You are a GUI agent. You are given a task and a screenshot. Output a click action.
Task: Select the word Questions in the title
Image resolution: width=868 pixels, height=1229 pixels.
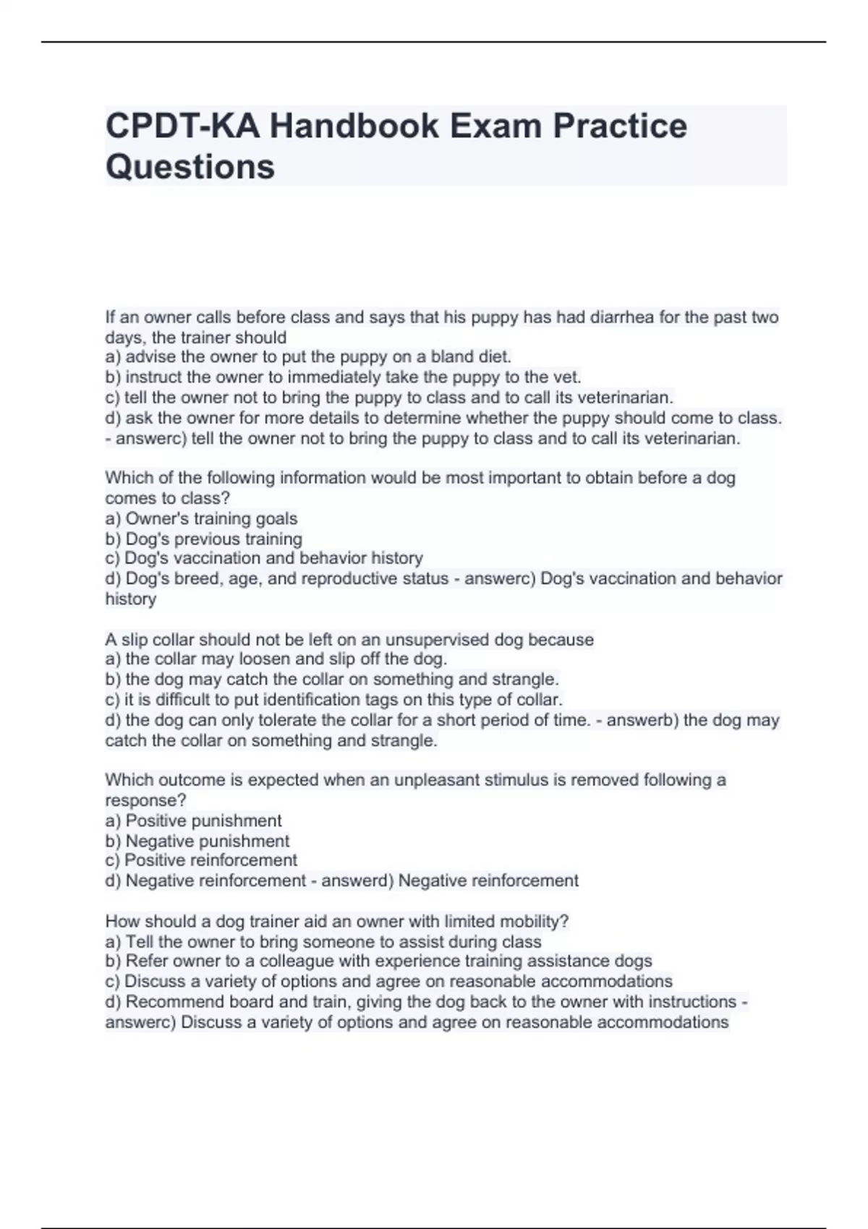click(x=190, y=167)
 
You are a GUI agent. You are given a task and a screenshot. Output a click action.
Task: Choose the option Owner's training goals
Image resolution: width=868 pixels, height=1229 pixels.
click(x=210, y=518)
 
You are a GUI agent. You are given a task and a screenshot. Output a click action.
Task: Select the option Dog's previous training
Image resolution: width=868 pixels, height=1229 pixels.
click(x=213, y=539)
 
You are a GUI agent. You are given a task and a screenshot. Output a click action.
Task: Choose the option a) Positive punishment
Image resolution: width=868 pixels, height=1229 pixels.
click(x=193, y=821)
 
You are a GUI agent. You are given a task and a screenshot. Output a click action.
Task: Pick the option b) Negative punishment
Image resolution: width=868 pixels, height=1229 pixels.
click(x=197, y=841)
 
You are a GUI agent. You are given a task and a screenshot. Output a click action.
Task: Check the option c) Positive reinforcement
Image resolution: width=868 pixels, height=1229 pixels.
click(x=201, y=860)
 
